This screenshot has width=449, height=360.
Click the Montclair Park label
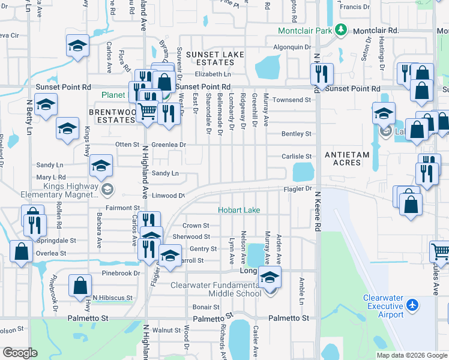pyautogui.click(x=305, y=31)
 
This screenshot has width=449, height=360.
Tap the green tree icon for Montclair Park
pyautogui.click(x=341, y=29)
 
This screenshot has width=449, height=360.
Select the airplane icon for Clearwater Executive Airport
pyautogui.click(x=412, y=305)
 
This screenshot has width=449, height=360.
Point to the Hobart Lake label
pyautogui.click(x=239, y=210)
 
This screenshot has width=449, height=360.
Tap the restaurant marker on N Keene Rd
pyautogui.click(x=322, y=74)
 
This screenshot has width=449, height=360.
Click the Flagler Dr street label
pyautogui.click(x=298, y=188)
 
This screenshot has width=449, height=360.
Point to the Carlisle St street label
pyautogui.click(x=297, y=156)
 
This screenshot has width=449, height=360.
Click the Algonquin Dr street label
pyautogui.click(x=292, y=47)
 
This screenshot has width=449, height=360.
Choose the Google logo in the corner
pyautogui.click(x=20, y=353)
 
